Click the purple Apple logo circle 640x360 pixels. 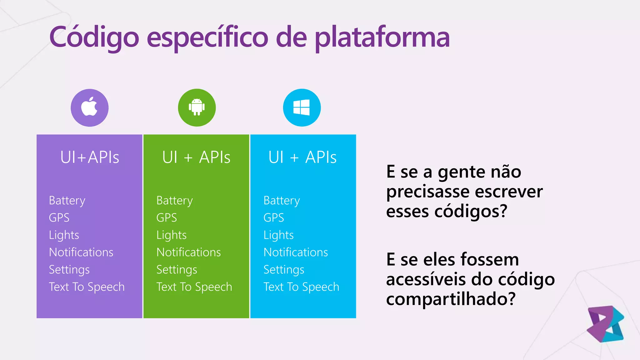[x=90, y=108]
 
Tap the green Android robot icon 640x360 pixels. [x=197, y=107]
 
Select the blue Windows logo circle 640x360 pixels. [x=302, y=108]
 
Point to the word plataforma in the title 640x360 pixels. [x=382, y=37]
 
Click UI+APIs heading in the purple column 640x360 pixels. [x=90, y=157]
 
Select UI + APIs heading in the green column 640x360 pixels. [x=196, y=157]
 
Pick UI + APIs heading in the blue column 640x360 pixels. [x=302, y=157]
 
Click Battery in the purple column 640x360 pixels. [x=67, y=201]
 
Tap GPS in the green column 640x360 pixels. [x=167, y=217]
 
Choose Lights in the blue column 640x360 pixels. [x=278, y=235]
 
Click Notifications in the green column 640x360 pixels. [x=188, y=252]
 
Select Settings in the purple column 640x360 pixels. [x=69, y=270]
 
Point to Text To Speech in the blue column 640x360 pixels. [x=301, y=287]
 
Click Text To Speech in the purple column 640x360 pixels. [x=87, y=287]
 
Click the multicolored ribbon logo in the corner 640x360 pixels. [x=605, y=324]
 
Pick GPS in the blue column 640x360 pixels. [x=274, y=217]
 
